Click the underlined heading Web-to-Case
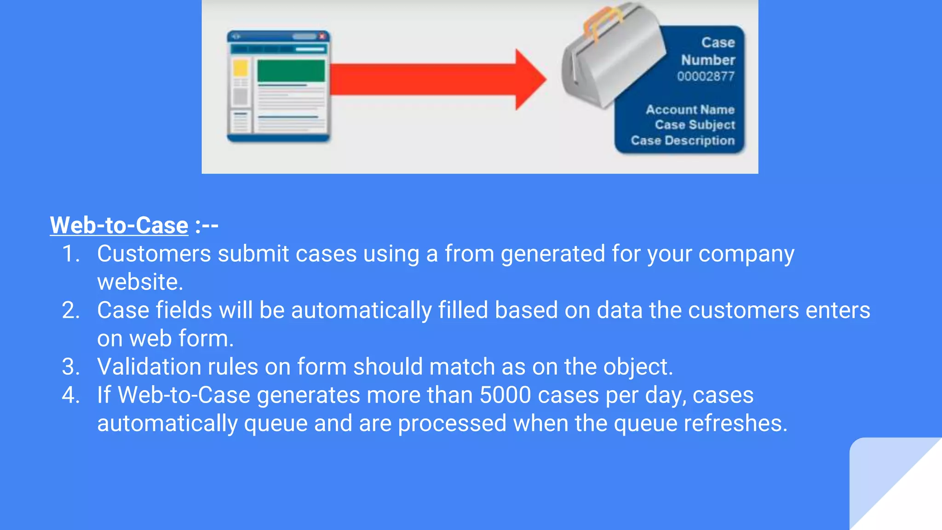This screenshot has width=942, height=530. pyautogui.click(x=119, y=225)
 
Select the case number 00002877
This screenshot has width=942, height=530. pyautogui.click(x=706, y=76)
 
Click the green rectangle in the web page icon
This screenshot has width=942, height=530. pyautogui.click(x=291, y=71)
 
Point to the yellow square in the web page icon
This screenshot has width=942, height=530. pyautogui.click(x=240, y=68)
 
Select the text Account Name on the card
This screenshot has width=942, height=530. pyautogui.click(x=690, y=109)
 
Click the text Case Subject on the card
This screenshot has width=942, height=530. pyautogui.click(x=695, y=125)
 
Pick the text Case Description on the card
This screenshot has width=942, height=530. pyautogui.click(x=683, y=140)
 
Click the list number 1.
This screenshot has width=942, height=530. pyautogui.click(x=70, y=254)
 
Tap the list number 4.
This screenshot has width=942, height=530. pyautogui.click(x=70, y=395)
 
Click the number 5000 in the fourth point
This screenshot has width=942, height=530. pyautogui.click(x=505, y=395)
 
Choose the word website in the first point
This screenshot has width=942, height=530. pyautogui.click(x=140, y=282)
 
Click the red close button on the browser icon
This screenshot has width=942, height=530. pyautogui.click(x=322, y=36)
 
